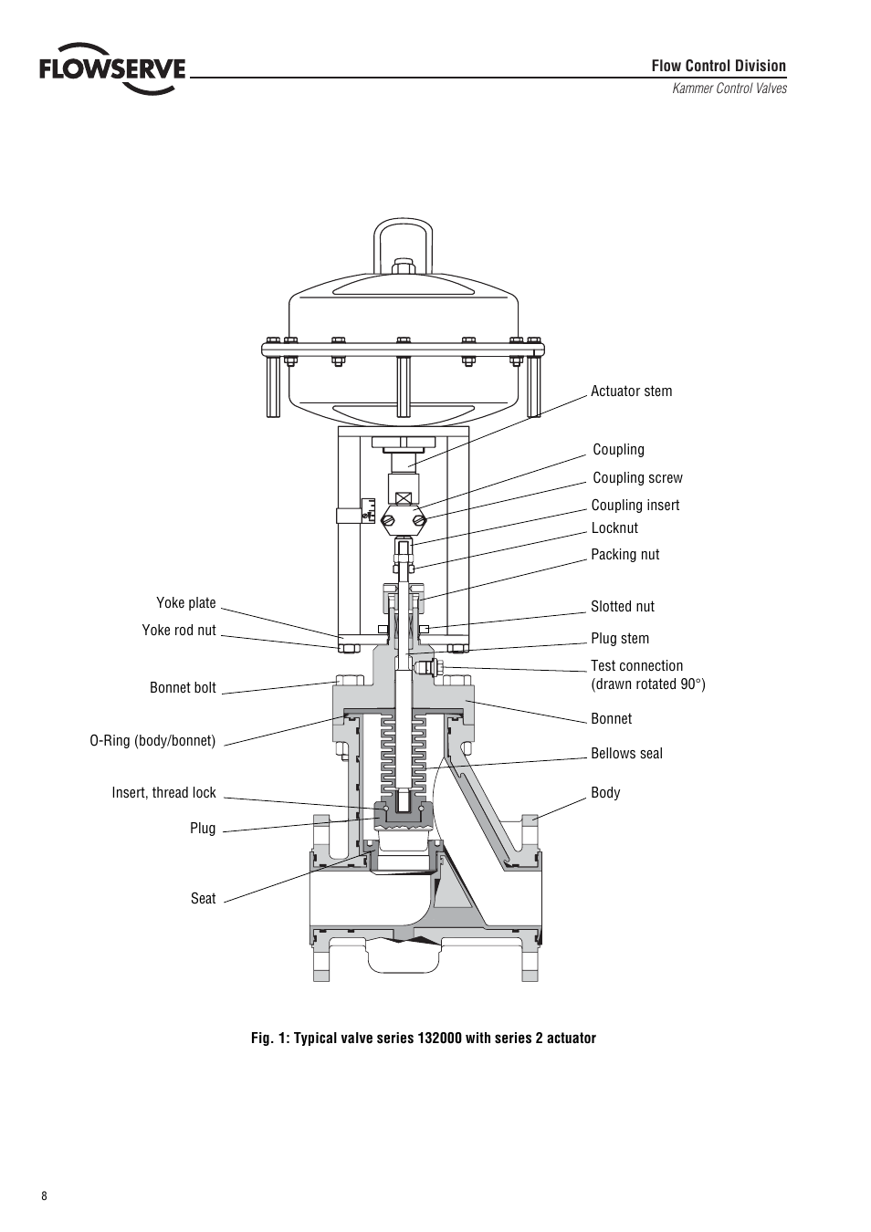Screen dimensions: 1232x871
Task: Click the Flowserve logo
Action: [x=111, y=68]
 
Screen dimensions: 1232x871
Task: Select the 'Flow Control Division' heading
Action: [x=718, y=66]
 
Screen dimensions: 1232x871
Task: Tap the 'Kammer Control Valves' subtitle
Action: [x=729, y=89]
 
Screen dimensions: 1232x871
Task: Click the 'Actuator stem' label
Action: [x=631, y=392]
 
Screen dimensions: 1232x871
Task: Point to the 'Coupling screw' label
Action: [x=637, y=478]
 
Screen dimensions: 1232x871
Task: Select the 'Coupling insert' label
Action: [x=635, y=506]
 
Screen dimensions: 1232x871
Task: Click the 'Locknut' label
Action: [x=614, y=528]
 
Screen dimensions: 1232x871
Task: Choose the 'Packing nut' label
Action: [x=624, y=555]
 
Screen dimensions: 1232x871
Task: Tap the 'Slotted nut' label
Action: [x=622, y=607]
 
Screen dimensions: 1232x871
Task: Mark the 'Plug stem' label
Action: [x=620, y=639]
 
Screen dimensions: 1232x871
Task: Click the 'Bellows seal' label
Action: [x=626, y=754]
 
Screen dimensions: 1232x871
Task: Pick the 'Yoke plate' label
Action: [x=186, y=603]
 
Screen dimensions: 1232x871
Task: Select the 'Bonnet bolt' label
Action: [x=183, y=688]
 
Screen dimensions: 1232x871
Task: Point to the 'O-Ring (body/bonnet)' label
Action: [x=152, y=741]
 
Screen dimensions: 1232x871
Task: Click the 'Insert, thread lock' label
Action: [x=163, y=793]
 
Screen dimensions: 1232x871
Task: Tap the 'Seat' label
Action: [x=203, y=899]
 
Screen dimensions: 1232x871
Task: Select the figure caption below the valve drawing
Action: [x=424, y=1039]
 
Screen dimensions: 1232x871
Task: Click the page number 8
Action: [x=44, y=1196]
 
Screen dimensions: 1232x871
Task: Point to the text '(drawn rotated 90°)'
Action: [x=647, y=684]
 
